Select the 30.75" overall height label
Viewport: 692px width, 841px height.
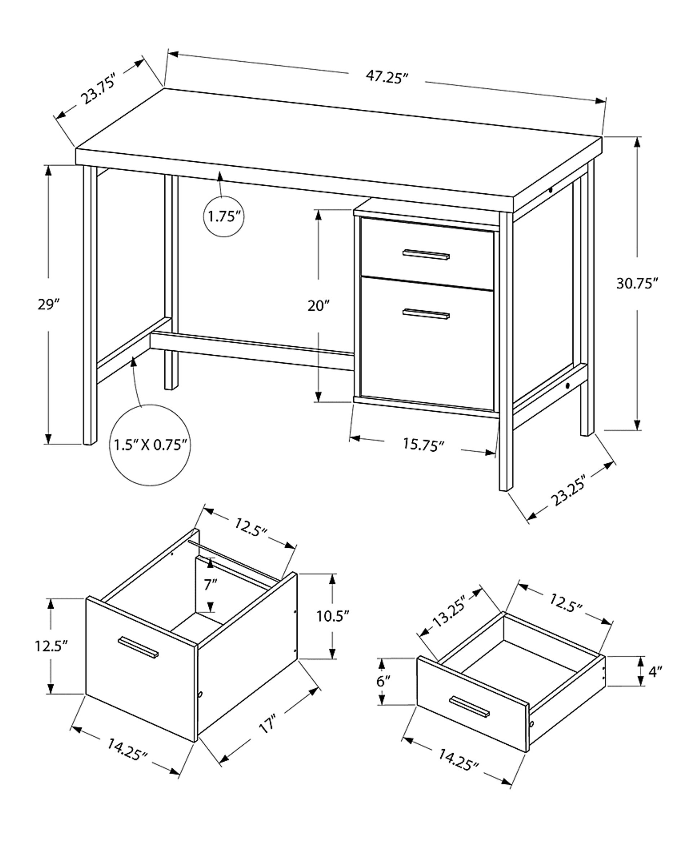[636, 284]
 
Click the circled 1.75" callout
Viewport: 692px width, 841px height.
[224, 216]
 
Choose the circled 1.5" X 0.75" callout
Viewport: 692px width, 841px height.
[150, 444]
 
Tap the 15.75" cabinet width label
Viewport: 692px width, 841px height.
[423, 444]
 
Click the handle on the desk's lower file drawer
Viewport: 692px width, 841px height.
[426, 314]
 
